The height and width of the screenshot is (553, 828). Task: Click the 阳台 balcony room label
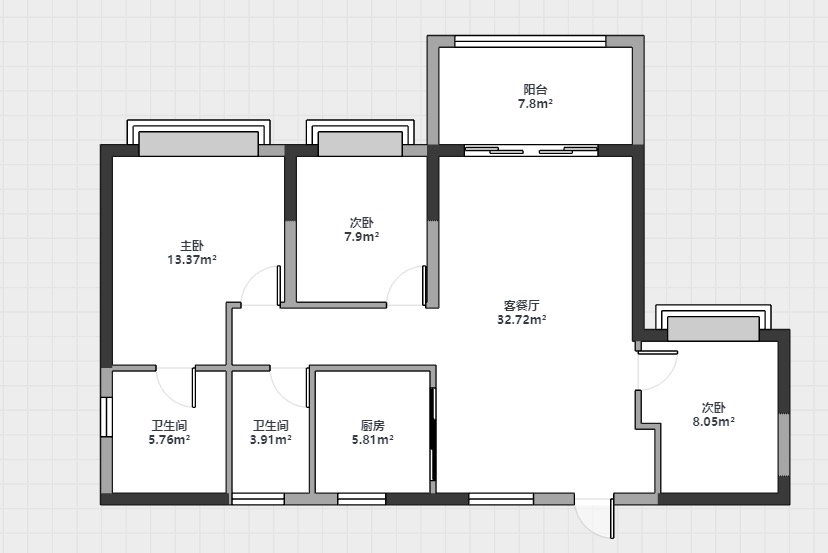pyautogui.click(x=535, y=89)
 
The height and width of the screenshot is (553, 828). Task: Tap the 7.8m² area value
pyautogui.click(x=535, y=104)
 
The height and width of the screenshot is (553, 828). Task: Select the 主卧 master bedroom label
pyautogui.click(x=192, y=246)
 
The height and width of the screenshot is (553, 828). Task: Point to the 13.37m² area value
pyautogui.click(x=192, y=260)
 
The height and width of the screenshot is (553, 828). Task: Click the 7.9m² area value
pyautogui.click(x=362, y=237)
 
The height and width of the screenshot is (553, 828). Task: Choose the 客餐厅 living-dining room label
pyautogui.click(x=521, y=305)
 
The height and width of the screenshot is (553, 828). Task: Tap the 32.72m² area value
pyautogui.click(x=521, y=320)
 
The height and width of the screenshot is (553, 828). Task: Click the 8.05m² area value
pyautogui.click(x=713, y=421)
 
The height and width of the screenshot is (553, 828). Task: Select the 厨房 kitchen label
pyautogui.click(x=373, y=425)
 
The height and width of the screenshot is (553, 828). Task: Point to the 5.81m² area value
pyautogui.click(x=373, y=439)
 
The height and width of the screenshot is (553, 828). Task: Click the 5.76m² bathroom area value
pyautogui.click(x=170, y=439)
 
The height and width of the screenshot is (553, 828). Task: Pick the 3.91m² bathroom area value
pyautogui.click(x=271, y=439)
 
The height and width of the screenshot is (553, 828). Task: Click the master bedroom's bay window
pyautogui.click(x=199, y=138)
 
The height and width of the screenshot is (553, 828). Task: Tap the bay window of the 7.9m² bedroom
pyautogui.click(x=360, y=138)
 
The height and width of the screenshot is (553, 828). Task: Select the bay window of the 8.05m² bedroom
pyautogui.click(x=713, y=322)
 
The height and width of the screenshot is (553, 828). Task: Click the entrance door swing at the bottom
pyautogui.click(x=595, y=518)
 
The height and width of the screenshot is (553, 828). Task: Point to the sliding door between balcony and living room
pyautogui.click(x=531, y=151)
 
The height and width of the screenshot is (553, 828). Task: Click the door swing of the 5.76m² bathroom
pyautogui.click(x=177, y=387)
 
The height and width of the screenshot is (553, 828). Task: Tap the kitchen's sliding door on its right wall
pyautogui.click(x=432, y=434)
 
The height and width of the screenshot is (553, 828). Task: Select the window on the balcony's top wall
pyautogui.click(x=530, y=41)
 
